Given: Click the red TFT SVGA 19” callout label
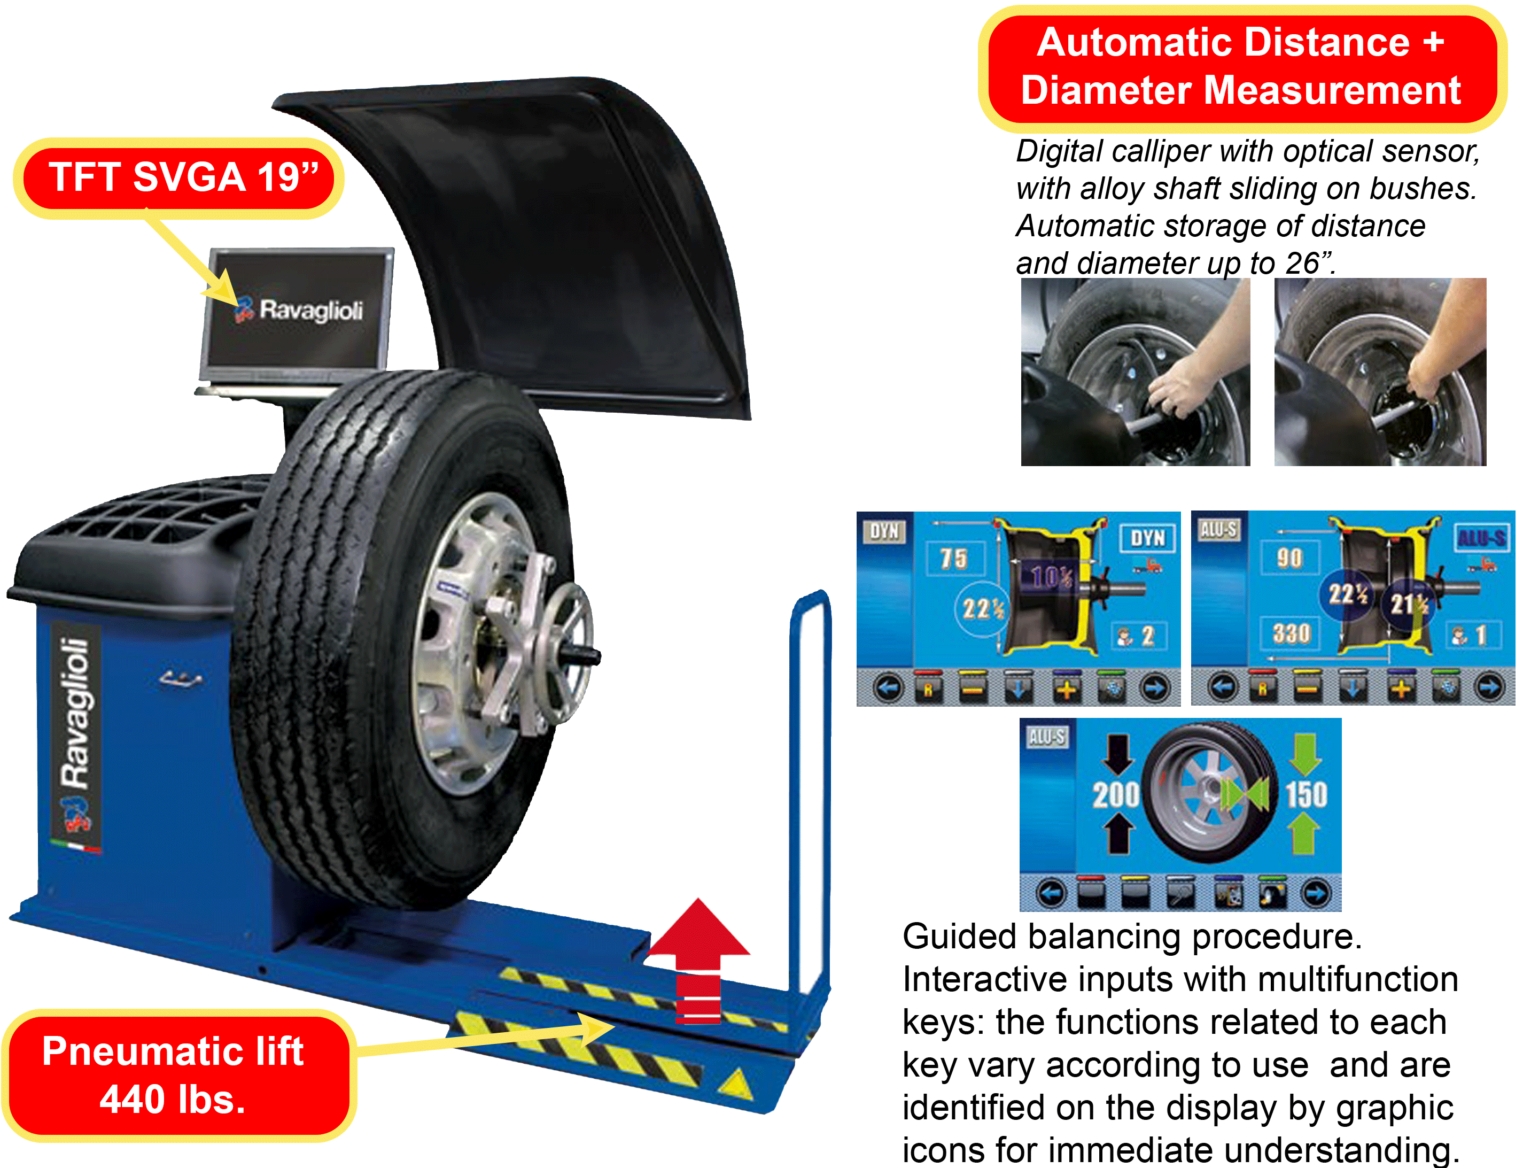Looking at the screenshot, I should click(x=180, y=178).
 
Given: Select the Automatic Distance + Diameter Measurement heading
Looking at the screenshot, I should click(x=1241, y=67).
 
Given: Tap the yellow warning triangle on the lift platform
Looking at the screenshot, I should click(x=735, y=1085).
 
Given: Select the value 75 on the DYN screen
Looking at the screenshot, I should click(x=954, y=558).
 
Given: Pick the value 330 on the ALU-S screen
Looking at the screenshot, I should click(x=1291, y=633).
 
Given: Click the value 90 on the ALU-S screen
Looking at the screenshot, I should click(x=1289, y=558).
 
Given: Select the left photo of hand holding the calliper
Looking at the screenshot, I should click(x=1135, y=373).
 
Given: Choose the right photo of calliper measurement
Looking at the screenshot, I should click(x=1380, y=373).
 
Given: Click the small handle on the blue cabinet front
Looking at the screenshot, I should click(x=180, y=678).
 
